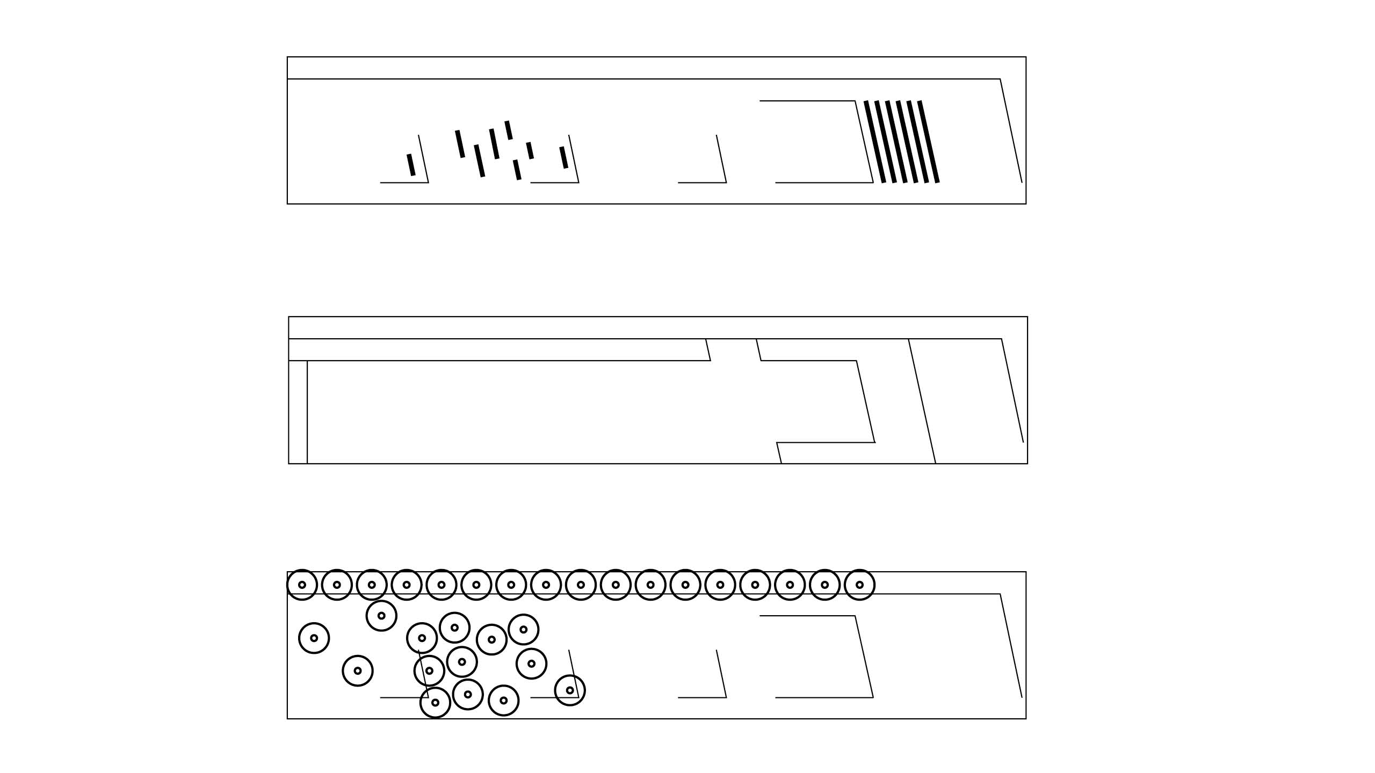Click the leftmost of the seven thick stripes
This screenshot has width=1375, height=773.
click(x=875, y=142)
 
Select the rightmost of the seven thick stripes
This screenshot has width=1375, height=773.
click(x=929, y=142)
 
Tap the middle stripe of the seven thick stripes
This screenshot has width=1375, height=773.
click(x=902, y=142)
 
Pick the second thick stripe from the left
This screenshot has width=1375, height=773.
click(x=884, y=142)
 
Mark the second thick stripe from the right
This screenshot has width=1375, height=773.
click(x=920, y=142)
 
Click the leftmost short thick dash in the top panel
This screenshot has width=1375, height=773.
click(x=411, y=165)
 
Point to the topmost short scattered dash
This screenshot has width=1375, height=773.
click(x=509, y=130)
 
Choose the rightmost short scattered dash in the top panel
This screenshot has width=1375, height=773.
click(x=563, y=157)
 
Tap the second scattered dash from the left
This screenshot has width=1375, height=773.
click(x=460, y=144)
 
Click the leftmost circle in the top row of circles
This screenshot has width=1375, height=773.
click(x=302, y=585)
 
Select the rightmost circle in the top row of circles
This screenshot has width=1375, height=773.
click(x=859, y=585)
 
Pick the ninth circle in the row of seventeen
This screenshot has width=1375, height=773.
click(x=581, y=585)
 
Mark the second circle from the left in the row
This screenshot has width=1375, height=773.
click(x=337, y=585)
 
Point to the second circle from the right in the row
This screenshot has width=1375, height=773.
click(x=824, y=585)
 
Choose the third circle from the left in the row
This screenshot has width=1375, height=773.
click(x=372, y=585)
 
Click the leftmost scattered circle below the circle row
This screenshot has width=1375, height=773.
click(x=314, y=638)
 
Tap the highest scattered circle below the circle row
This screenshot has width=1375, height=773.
click(x=381, y=616)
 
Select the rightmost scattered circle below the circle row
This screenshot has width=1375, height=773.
click(x=570, y=690)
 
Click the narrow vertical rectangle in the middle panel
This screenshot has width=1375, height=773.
click(x=298, y=412)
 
